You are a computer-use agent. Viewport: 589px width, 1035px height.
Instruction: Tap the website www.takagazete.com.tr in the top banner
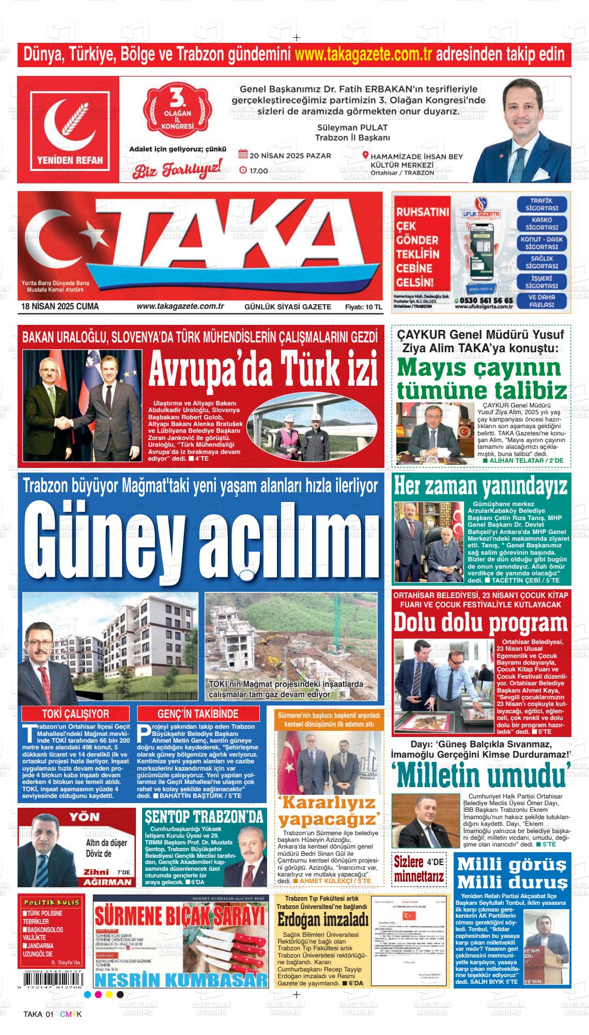[364, 54]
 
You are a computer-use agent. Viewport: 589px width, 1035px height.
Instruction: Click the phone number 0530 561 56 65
[487, 300]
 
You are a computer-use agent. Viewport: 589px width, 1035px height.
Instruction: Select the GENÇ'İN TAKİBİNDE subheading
[198, 714]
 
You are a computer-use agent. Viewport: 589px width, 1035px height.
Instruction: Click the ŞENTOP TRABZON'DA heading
[204, 817]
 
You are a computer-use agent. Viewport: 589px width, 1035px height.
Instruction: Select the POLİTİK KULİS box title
[50, 902]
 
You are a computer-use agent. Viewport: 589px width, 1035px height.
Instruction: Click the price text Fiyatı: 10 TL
[364, 307]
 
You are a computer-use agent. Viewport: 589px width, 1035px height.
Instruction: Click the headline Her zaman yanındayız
[481, 487]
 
